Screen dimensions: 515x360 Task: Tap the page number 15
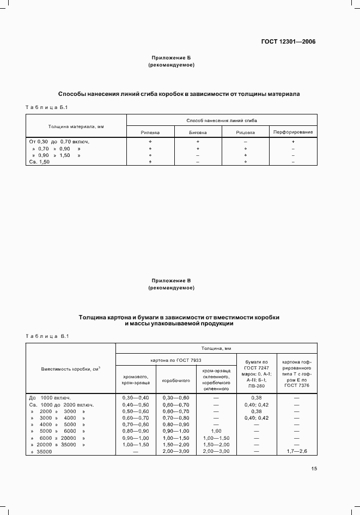point(314,468)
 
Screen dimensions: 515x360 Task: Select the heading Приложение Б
point(171,58)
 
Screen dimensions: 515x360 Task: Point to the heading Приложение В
point(171,280)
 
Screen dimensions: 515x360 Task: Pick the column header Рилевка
point(150,132)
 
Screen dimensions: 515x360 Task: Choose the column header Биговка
point(198,132)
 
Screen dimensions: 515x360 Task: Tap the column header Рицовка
point(246,132)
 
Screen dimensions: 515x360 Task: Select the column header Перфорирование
point(293,132)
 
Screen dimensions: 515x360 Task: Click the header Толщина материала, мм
point(76,126)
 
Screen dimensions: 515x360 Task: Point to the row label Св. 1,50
point(39,162)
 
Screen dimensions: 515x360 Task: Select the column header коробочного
point(176,381)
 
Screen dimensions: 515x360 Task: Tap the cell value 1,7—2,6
point(297,452)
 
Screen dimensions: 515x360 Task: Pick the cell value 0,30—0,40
point(136,398)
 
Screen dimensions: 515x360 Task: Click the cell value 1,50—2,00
point(176,445)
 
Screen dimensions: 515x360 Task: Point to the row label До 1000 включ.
point(50,398)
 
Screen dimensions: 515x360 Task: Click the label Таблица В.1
point(46,336)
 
